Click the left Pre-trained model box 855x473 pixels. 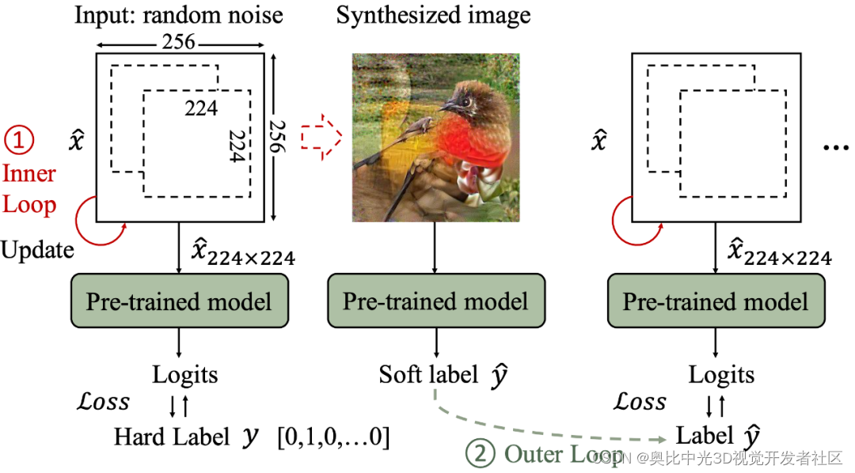(x=178, y=301)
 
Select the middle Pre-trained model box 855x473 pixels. (x=435, y=301)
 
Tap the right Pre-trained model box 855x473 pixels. (x=716, y=301)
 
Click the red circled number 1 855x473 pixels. (x=19, y=141)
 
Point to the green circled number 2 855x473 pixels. (x=480, y=454)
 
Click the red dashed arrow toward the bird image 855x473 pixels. (x=320, y=136)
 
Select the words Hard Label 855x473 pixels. (x=172, y=437)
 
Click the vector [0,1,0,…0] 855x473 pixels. (x=332, y=437)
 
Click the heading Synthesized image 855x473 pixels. (x=433, y=16)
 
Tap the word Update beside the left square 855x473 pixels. (x=37, y=250)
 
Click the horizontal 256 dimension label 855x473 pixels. (x=179, y=42)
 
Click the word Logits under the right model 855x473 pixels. (x=721, y=374)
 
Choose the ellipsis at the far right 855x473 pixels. (x=836, y=148)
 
